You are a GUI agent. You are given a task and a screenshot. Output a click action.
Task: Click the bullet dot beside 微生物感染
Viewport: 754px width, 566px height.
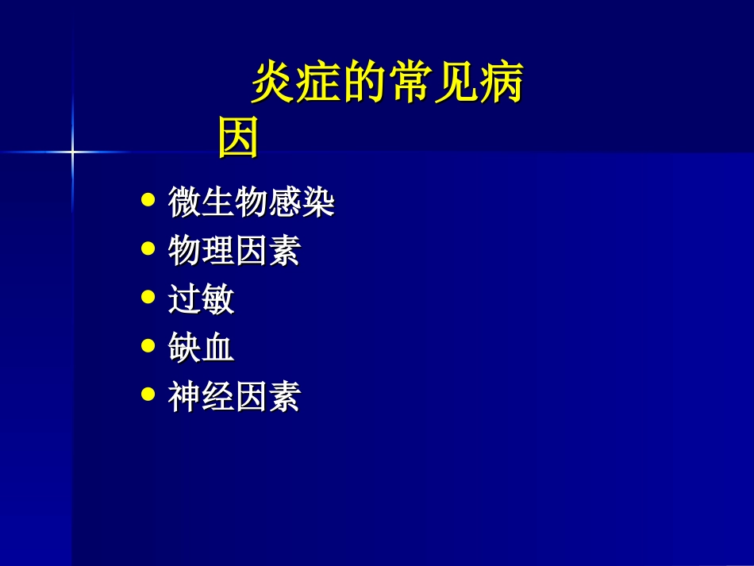click(x=148, y=201)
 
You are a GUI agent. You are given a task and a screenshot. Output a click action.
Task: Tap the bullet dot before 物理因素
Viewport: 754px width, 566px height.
click(x=148, y=249)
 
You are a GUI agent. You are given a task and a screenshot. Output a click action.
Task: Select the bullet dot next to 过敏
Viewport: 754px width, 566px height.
click(x=148, y=298)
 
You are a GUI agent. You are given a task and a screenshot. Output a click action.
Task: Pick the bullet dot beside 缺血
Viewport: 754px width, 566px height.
click(x=148, y=346)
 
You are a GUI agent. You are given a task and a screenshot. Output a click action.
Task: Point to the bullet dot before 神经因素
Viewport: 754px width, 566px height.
click(x=148, y=395)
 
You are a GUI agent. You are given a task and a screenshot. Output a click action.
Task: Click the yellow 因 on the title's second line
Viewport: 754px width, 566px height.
click(x=238, y=137)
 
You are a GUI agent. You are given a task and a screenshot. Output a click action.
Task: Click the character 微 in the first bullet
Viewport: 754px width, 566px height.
click(x=184, y=203)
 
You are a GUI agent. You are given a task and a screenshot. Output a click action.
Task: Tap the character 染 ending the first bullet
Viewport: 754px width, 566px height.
click(x=317, y=203)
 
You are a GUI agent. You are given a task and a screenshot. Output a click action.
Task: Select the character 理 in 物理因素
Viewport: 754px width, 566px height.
click(x=217, y=252)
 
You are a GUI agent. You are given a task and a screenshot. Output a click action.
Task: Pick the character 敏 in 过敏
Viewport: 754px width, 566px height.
click(x=217, y=300)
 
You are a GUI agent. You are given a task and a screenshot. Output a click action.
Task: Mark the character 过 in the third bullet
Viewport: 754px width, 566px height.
click(x=184, y=300)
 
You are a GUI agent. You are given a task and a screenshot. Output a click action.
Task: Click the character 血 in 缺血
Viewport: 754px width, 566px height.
click(x=217, y=348)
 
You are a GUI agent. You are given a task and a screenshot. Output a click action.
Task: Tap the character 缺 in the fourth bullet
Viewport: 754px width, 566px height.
click(x=184, y=348)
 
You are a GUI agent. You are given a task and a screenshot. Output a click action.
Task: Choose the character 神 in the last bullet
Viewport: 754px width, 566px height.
click(x=184, y=397)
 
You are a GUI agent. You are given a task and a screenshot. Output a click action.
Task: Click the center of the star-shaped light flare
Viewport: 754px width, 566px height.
click(x=72, y=151)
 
